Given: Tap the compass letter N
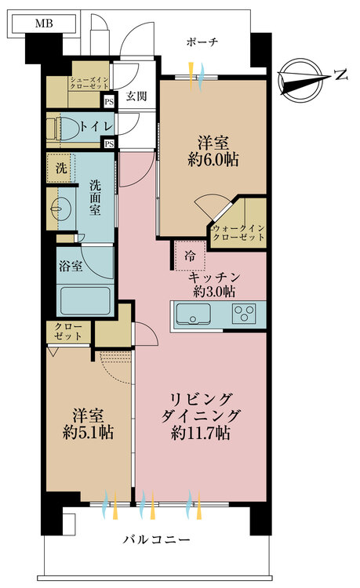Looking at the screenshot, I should point(340,75).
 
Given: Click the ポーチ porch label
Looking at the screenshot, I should point(202,42).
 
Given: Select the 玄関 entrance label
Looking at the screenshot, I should point(136,97).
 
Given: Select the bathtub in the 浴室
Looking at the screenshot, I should point(81,300).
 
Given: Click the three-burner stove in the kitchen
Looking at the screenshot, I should point(244,314).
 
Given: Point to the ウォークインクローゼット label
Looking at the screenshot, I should point(236,232).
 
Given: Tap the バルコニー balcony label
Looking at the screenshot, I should point(157,540).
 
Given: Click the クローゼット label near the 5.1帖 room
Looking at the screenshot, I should point(68,332).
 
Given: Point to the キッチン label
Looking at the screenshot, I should point(213,278).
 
